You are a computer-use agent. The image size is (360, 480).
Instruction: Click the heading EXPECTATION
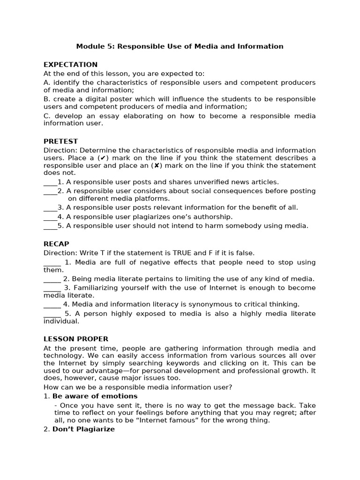click(x=70, y=65)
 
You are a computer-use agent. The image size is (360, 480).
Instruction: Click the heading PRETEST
click(x=60, y=141)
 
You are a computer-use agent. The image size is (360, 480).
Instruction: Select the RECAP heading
click(x=56, y=244)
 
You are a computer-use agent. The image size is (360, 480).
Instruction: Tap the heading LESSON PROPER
click(x=76, y=339)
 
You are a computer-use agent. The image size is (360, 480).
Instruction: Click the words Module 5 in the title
click(x=94, y=46)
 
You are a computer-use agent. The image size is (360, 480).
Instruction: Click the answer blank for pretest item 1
click(x=50, y=182)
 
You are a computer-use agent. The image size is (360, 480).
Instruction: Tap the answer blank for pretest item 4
click(x=50, y=217)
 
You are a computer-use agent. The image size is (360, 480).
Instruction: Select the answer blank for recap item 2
click(x=52, y=279)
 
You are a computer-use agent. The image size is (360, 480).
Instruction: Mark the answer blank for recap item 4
click(x=52, y=304)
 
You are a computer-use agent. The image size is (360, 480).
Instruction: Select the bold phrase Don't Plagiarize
click(x=83, y=429)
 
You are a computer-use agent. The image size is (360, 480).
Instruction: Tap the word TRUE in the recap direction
click(x=183, y=253)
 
